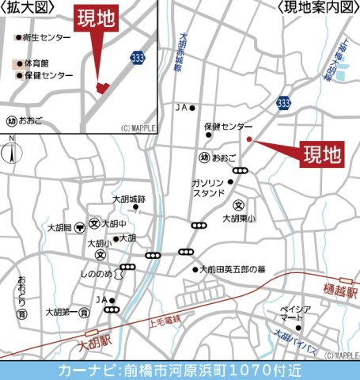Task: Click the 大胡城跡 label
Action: (x=129, y=199)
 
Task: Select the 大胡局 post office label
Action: (x=59, y=226)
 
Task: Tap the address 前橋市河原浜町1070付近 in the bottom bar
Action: (x=222, y=370)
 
